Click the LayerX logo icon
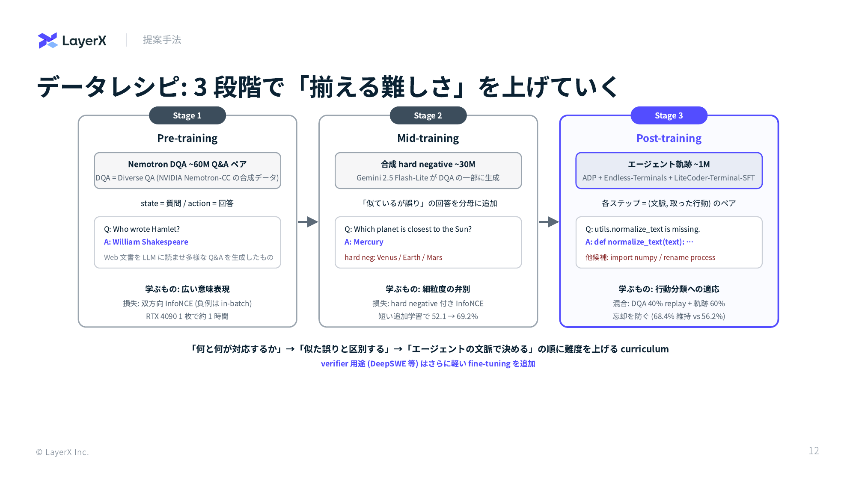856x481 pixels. (x=48, y=40)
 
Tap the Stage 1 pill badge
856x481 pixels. (x=187, y=115)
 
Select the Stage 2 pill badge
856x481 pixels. (x=428, y=115)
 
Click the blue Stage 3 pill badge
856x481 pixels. (x=669, y=115)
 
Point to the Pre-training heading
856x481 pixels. (x=187, y=138)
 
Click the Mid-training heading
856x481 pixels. (x=428, y=138)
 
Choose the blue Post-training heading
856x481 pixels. (x=669, y=138)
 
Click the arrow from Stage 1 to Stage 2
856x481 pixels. (x=308, y=222)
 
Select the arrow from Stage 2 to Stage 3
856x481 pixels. (x=549, y=222)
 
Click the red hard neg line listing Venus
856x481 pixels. (x=393, y=257)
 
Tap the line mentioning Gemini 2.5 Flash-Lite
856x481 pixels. (x=428, y=178)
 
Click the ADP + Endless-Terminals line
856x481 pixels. (x=669, y=178)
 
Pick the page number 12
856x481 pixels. (x=814, y=451)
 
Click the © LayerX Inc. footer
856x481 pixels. (x=62, y=452)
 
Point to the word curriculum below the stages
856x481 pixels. (x=645, y=349)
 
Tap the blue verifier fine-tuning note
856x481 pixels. (x=428, y=363)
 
